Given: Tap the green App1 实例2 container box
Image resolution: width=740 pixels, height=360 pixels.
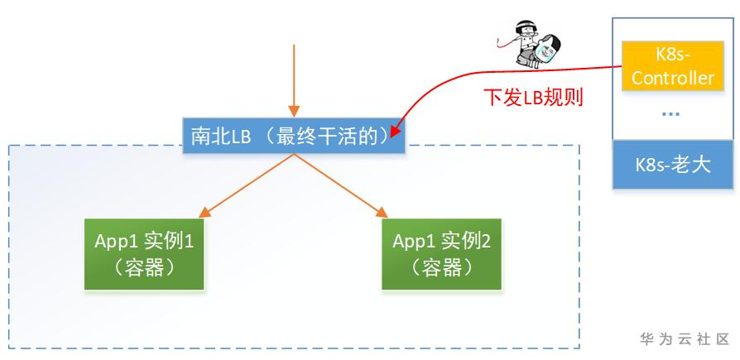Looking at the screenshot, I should [442, 253].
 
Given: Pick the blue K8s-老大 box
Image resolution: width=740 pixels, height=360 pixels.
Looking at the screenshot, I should [672, 164].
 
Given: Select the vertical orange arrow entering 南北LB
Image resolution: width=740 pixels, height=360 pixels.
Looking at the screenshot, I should [292, 79].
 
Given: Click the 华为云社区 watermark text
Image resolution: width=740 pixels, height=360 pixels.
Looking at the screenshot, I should [684, 339].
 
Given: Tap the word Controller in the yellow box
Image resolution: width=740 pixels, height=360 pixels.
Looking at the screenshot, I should [672, 79].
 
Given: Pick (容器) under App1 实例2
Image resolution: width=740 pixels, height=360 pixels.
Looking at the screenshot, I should [442, 267].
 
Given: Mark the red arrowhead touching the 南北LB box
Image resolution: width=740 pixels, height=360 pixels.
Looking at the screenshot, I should [396, 129].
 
